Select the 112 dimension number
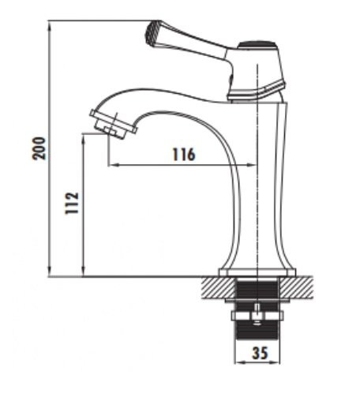click(71, 206)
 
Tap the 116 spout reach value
click(183, 155)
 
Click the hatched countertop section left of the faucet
click(212, 286)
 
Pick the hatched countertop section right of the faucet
click(303, 286)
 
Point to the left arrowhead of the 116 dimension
click(111, 165)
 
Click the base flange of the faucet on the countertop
click(257, 273)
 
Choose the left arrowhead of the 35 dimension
click(238, 365)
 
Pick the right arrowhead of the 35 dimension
click(277, 365)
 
